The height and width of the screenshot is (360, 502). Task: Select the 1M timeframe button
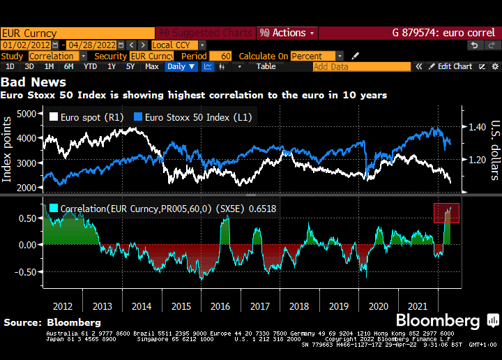pos(49,66)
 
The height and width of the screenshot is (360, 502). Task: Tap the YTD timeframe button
pos(90,66)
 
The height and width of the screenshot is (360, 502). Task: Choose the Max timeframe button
pos(151,66)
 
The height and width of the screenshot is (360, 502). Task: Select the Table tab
pos(266,66)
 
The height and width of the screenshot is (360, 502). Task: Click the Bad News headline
pos(33,82)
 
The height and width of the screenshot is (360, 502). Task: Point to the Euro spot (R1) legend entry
pos(87,117)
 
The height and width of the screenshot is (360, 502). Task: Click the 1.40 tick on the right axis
pos(477,128)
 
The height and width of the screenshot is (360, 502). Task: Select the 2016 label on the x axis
pos(220,306)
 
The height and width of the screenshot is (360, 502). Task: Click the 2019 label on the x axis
pos(339,306)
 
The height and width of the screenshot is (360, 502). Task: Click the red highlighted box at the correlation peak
pos(446,213)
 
